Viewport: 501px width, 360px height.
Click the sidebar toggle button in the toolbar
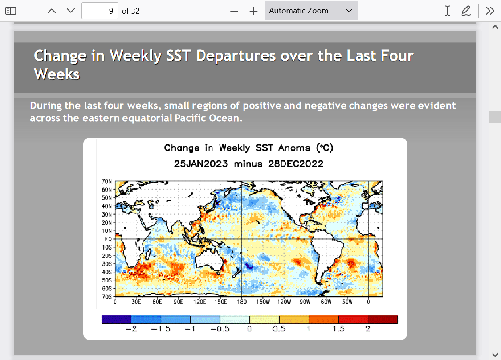coord(11,11)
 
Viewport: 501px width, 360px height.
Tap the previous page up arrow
coord(52,11)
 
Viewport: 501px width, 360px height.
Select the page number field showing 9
coord(100,11)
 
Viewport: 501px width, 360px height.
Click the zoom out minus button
coord(234,11)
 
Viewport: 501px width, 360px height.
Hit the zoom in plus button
coord(254,11)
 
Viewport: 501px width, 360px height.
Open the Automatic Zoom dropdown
coord(312,11)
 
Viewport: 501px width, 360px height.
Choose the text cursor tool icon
coord(448,11)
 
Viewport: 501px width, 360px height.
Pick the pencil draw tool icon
coord(466,11)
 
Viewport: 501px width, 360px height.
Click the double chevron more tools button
coord(490,11)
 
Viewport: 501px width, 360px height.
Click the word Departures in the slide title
coord(236,56)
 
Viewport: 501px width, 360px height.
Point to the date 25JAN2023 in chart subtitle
coord(201,164)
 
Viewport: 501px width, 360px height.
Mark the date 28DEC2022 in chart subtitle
coord(296,164)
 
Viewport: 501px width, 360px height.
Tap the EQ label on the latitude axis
coord(108,239)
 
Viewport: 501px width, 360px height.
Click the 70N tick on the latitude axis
coord(107,181)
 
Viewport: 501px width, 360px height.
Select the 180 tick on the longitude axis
coord(242,302)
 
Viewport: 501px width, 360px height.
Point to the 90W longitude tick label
coord(305,302)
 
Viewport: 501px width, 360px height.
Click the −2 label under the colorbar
coord(131,329)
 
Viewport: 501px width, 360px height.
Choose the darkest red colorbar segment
coord(383,320)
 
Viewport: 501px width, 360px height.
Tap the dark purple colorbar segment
coord(116,320)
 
